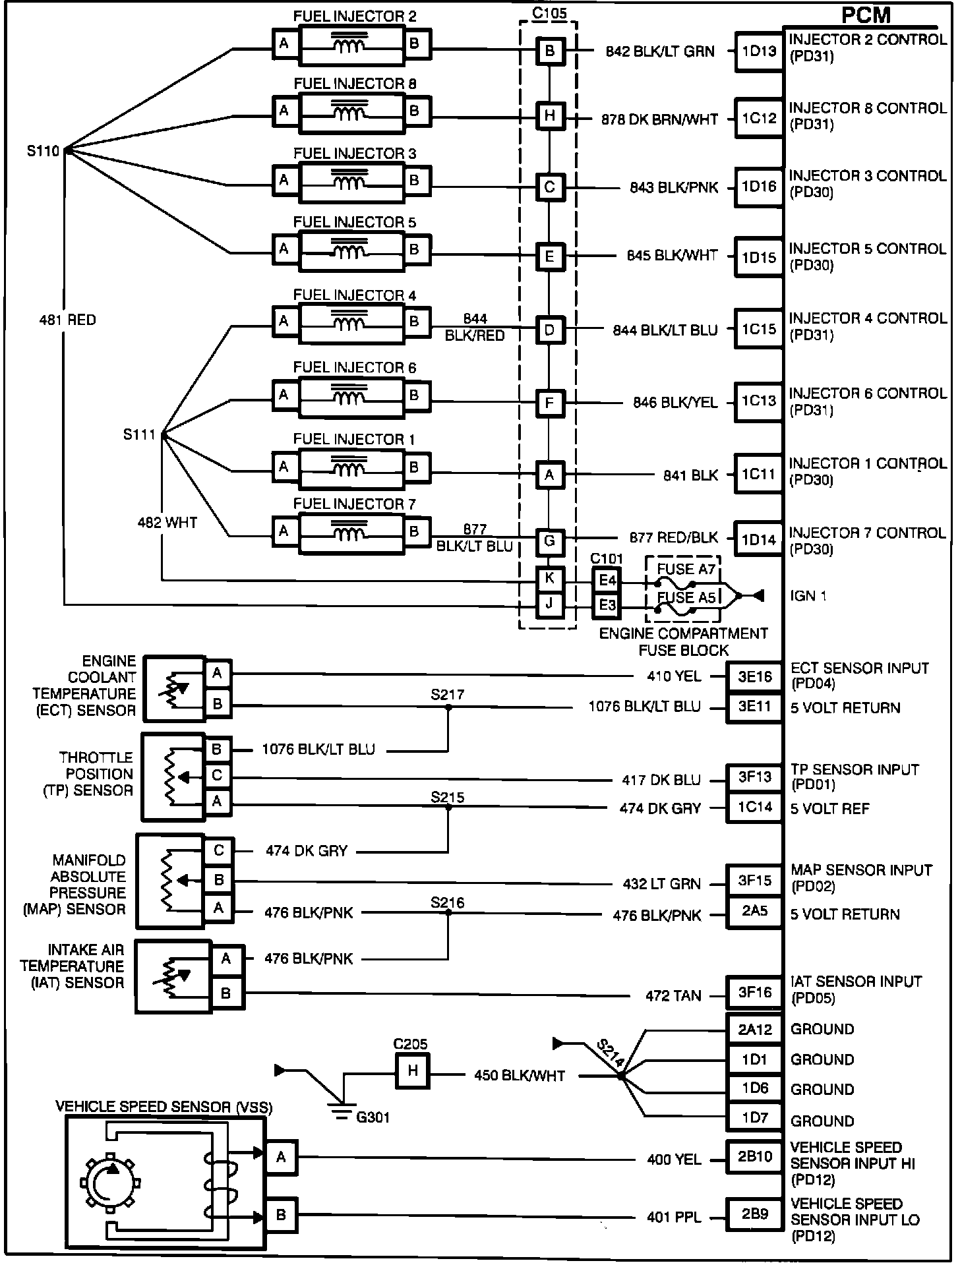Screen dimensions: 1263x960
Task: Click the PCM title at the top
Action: (866, 15)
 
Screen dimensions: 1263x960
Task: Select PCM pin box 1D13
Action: (759, 51)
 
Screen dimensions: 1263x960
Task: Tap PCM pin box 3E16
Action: (754, 676)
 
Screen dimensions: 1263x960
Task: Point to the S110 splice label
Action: (44, 151)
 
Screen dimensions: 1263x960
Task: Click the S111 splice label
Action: (139, 434)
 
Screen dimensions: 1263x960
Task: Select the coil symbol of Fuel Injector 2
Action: (349, 45)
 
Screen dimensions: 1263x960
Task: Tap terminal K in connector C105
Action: (549, 579)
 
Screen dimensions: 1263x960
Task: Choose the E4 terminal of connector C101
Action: (607, 580)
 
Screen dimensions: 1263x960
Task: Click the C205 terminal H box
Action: (413, 1071)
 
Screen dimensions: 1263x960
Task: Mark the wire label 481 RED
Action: (67, 320)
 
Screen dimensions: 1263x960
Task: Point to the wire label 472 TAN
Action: (673, 995)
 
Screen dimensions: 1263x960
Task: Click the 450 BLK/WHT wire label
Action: (520, 1076)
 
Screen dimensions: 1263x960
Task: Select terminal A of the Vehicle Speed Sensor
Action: (281, 1157)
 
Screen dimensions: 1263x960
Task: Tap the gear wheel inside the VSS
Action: (107, 1183)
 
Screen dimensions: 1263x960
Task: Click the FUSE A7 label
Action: (686, 569)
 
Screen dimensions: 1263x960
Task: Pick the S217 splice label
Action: (448, 695)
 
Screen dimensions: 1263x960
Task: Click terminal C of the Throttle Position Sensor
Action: (217, 776)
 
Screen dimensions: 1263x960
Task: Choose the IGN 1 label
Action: (808, 596)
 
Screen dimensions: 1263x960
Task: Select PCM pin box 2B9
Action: (754, 1214)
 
